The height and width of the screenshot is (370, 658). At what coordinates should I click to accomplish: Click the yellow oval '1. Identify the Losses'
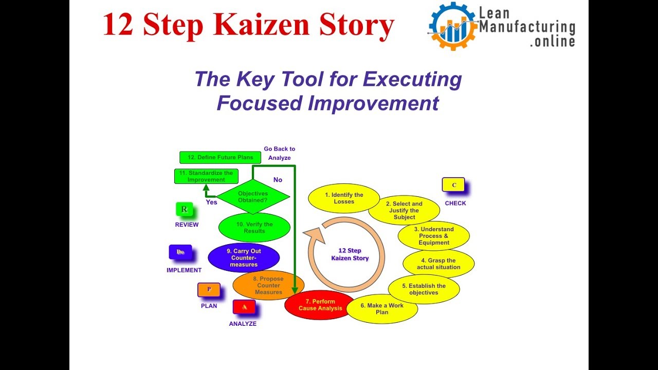[x=344, y=198]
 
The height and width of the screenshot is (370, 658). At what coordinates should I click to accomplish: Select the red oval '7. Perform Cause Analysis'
[x=320, y=305]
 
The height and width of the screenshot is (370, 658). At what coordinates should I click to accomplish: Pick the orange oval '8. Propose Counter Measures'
[x=268, y=286]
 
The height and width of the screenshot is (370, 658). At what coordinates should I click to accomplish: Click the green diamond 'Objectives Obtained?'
[x=253, y=197]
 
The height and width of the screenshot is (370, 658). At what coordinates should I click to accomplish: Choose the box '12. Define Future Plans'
[x=216, y=157]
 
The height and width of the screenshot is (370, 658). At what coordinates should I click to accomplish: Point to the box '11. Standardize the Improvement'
[x=206, y=176]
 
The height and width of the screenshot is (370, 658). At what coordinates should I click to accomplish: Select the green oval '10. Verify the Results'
[x=254, y=228]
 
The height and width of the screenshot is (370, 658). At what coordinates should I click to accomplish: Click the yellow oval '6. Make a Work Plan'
[x=381, y=309]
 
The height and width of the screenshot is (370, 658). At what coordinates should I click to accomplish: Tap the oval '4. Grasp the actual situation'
[x=438, y=264]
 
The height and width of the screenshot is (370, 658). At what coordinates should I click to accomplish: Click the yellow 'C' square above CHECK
[x=453, y=185]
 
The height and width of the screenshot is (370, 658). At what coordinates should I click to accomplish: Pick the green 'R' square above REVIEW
[x=184, y=210]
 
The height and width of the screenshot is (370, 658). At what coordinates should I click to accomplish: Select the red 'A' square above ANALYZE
[x=244, y=307]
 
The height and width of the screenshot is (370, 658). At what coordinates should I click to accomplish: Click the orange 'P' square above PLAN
[x=209, y=290]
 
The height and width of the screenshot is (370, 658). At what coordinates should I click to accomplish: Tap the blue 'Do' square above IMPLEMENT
[x=180, y=252]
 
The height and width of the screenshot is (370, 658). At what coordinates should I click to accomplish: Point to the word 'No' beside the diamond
[x=278, y=180]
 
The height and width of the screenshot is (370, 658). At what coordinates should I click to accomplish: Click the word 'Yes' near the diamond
[x=211, y=202]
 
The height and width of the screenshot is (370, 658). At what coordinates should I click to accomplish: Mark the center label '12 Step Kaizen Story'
[x=350, y=254]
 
